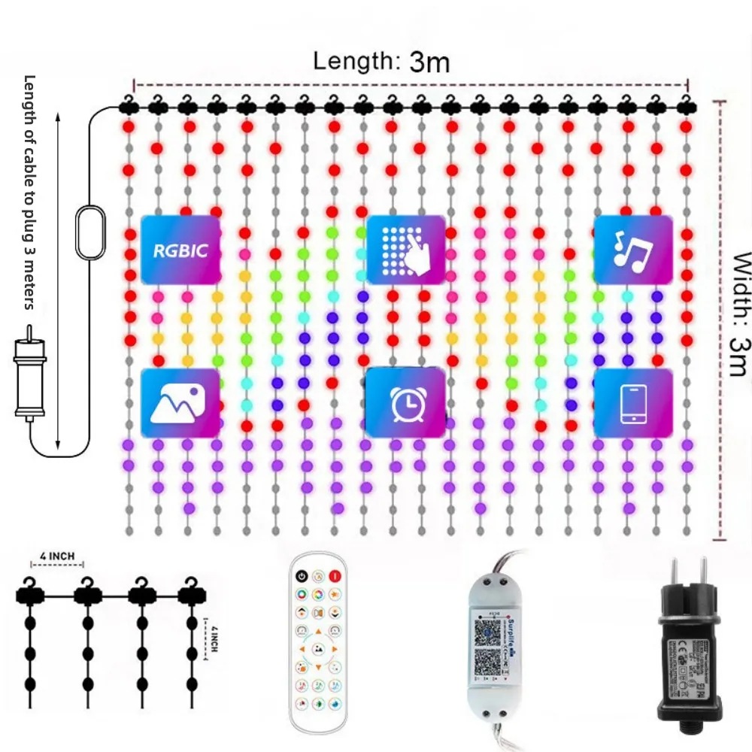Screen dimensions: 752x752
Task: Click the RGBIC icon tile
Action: click(180, 250)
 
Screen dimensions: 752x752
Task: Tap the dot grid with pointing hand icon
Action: click(406, 250)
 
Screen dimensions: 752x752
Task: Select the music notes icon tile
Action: click(632, 250)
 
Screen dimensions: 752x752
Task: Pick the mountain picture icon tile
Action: click(180, 403)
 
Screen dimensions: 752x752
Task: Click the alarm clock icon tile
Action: click(406, 403)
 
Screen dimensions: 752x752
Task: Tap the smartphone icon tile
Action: click(632, 403)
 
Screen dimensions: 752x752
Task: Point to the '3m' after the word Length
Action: click(429, 63)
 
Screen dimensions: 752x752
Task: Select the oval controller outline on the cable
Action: click(91, 234)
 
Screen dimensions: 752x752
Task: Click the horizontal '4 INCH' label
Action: click(57, 556)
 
